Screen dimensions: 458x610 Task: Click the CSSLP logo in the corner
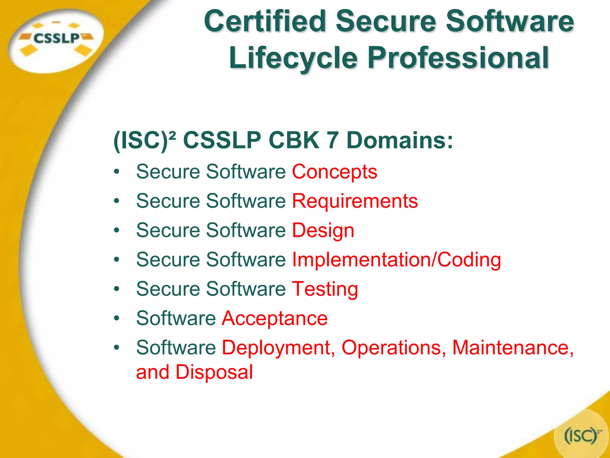(56, 39)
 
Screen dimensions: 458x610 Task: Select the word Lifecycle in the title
(293, 58)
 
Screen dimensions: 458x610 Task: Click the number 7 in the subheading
(333, 140)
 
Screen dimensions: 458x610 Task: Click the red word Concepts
(334, 172)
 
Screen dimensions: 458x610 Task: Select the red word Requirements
(355, 201)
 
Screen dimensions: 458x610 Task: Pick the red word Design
(323, 230)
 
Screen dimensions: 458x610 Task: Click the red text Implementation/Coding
(396, 260)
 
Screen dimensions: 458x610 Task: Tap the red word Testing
(325, 289)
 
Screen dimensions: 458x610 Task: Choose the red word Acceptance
(275, 318)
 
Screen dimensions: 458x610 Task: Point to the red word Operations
(393, 348)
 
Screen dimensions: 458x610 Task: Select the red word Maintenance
(512, 348)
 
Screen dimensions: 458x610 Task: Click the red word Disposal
(214, 372)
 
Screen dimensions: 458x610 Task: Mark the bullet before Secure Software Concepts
(116, 172)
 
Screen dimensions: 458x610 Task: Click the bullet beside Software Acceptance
(116, 318)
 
